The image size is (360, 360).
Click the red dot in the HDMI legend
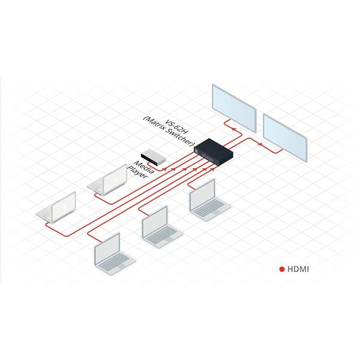pos(282,268)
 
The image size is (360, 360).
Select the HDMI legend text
pos(299,268)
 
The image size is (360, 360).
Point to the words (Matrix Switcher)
pos(168,132)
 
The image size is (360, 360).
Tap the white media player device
pos(154,157)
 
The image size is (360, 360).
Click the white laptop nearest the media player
pos(107,182)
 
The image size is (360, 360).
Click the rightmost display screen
pos(286,136)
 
